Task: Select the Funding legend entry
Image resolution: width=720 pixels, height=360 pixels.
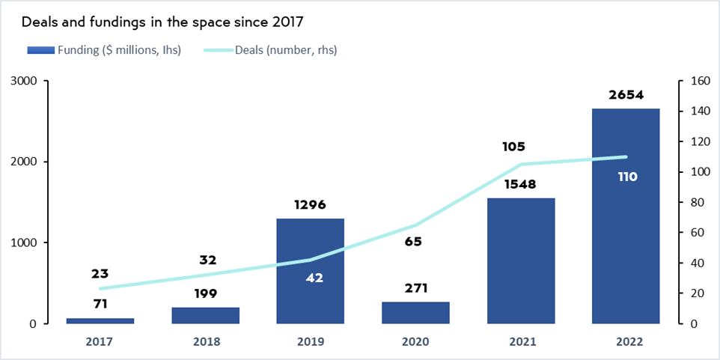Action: (x=104, y=50)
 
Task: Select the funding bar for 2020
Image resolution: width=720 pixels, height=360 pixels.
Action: (x=415, y=313)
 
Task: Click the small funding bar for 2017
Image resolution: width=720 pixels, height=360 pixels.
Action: (x=100, y=320)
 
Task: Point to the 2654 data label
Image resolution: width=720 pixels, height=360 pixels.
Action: (x=626, y=96)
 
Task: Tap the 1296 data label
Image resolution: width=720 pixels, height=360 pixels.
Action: (x=310, y=205)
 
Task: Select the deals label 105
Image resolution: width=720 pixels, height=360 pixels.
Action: (x=516, y=147)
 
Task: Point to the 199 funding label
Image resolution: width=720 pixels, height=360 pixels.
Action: (x=205, y=293)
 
